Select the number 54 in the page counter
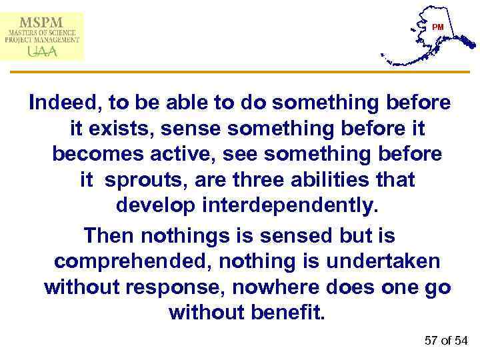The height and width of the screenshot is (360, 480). pyautogui.click(x=461, y=341)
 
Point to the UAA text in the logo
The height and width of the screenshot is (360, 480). pyautogui.click(x=41, y=50)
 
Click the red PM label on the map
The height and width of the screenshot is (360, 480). pyautogui.click(x=437, y=27)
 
